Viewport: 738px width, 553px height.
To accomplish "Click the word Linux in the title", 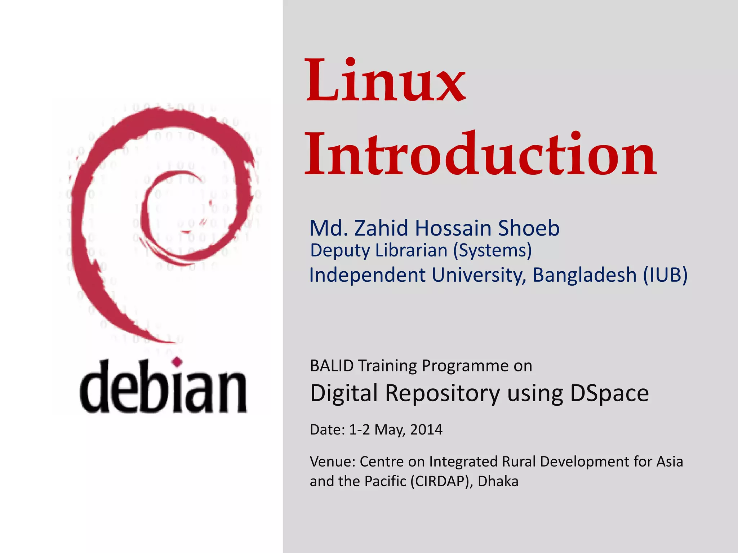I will [x=386, y=81].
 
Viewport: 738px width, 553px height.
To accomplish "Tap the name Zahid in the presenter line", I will [x=383, y=228].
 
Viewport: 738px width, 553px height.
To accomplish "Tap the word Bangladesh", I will [x=584, y=275].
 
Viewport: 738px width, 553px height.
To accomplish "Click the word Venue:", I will [x=332, y=462].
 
